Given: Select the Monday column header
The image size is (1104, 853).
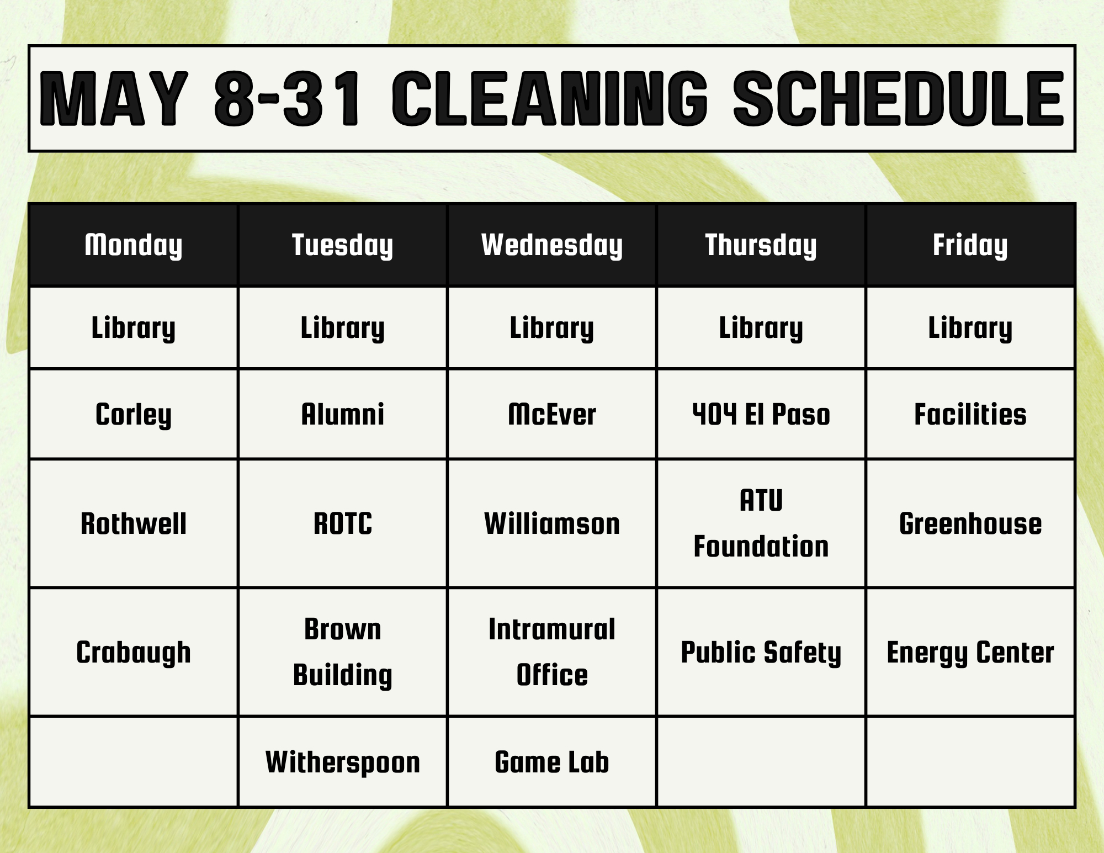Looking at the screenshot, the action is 134,245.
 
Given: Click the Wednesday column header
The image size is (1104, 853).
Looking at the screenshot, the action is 552,245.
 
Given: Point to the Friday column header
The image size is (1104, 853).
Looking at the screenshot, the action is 970,245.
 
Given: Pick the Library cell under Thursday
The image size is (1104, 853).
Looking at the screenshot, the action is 761,328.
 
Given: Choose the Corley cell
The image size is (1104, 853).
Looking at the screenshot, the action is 134,414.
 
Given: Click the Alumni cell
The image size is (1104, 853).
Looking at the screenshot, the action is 343,414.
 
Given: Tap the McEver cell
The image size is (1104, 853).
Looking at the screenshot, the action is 552,414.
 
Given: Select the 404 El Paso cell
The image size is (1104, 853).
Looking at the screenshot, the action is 761,414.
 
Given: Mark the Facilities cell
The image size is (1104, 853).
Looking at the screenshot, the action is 970,414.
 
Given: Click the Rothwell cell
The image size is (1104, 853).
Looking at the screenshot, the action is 134,523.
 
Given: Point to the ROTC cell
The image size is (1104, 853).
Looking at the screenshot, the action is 343,523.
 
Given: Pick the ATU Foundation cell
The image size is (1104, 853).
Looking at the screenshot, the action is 761,523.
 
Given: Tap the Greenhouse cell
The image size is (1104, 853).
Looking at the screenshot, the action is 970,523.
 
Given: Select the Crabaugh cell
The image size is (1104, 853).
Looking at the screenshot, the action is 134,652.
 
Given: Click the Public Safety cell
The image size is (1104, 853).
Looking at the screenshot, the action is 761,652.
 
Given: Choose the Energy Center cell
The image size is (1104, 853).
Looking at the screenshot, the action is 970,652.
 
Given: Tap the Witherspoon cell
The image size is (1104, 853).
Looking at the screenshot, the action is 343,762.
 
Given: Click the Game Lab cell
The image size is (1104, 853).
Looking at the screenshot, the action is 552,762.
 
